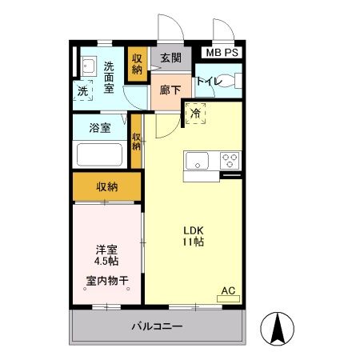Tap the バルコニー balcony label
click(x=157, y=327)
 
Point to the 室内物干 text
click(x=107, y=281)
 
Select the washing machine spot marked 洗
click(x=84, y=91)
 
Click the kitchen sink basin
click(x=196, y=161)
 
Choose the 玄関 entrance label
click(x=170, y=58)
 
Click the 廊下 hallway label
click(x=170, y=90)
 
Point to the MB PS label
click(x=221, y=53)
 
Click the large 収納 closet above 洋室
click(x=107, y=186)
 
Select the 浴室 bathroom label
click(x=99, y=126)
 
